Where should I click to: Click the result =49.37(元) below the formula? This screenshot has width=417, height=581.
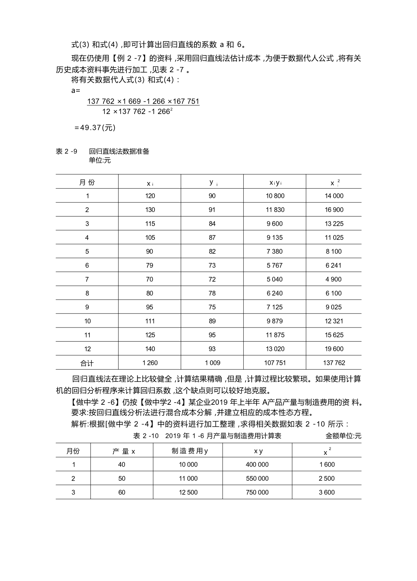(95, 128)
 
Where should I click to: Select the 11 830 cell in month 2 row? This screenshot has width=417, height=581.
(275, 210)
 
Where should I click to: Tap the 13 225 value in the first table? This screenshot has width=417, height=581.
(334, 224)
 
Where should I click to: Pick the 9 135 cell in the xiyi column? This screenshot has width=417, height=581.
(275, 238)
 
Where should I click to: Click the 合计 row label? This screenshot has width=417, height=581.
(87, 363)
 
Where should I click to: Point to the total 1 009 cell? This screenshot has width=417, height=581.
(212, 363)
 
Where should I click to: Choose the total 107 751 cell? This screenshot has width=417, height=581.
(275, 363)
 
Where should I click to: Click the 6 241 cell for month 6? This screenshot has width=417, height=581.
(333, 265)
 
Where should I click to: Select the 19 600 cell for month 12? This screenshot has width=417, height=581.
(334, 349)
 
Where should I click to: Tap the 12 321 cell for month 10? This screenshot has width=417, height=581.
(334, 321)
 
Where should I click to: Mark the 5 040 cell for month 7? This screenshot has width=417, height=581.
(275, 279)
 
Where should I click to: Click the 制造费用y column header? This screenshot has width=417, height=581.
(190, 451)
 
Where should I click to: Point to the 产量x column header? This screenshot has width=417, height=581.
(123, 451)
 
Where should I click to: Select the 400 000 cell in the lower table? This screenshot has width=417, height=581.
(257, 465)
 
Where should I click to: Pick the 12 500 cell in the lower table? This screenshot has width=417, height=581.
(188, 493)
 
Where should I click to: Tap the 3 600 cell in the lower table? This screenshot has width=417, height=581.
(326, 493)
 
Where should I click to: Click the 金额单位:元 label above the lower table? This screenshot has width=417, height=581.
(343, 436)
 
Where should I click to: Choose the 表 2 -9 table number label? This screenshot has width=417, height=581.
(67, 151)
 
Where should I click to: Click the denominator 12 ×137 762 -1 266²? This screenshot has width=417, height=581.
(137, 111)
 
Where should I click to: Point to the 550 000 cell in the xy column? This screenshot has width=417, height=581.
(257, 478)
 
